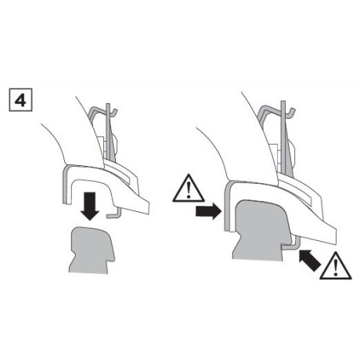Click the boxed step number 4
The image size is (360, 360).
20,100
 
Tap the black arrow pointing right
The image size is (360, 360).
208,211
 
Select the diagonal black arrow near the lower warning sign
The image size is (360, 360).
310,260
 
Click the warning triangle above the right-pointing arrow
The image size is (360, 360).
189,189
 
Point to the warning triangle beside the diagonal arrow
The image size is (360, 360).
336,266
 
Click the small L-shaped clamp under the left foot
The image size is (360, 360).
115,214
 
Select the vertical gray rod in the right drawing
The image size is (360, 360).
283,139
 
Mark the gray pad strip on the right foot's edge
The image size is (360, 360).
226,206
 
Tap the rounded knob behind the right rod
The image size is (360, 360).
293,157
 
